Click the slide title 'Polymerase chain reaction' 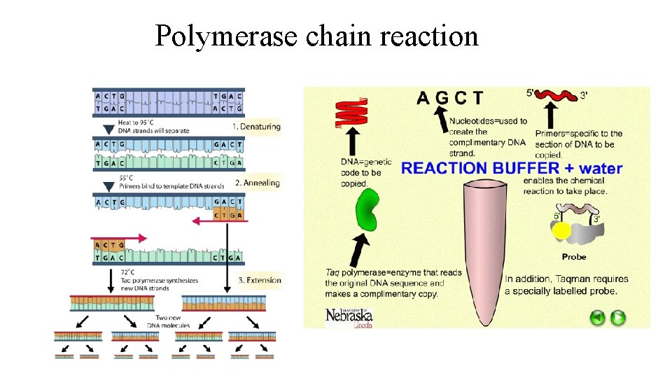(x=316, y=35)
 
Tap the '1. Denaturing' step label (x=256, y=127)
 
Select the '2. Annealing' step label (x=257, y=183)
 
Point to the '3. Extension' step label (x=259, y=280)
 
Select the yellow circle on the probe (x=560, y=232)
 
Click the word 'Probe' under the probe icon (x=574, y=257)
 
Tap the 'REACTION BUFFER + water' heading (x=511, y=168)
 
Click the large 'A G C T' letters (x=449, y=97)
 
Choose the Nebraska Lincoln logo (x=349, y=316)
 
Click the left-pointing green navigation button (x=597, y=318)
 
